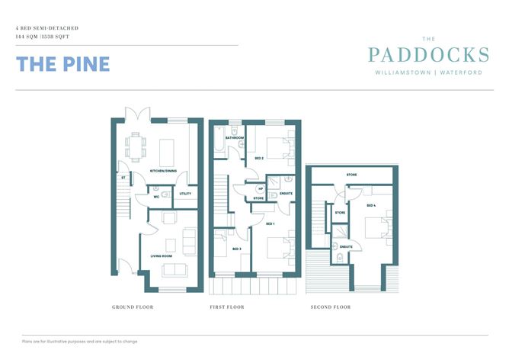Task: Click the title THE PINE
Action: [62, 64]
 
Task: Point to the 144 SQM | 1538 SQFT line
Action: [46, 36]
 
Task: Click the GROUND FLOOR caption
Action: [133, 307]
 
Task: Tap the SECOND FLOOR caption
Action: [330, 307]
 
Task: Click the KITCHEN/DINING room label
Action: [163, 171]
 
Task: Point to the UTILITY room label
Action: [185, 194]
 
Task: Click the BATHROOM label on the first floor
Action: [223, 138]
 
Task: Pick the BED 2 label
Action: [258, 158]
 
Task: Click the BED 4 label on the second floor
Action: [371, 206]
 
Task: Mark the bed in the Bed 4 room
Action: [376, 230]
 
